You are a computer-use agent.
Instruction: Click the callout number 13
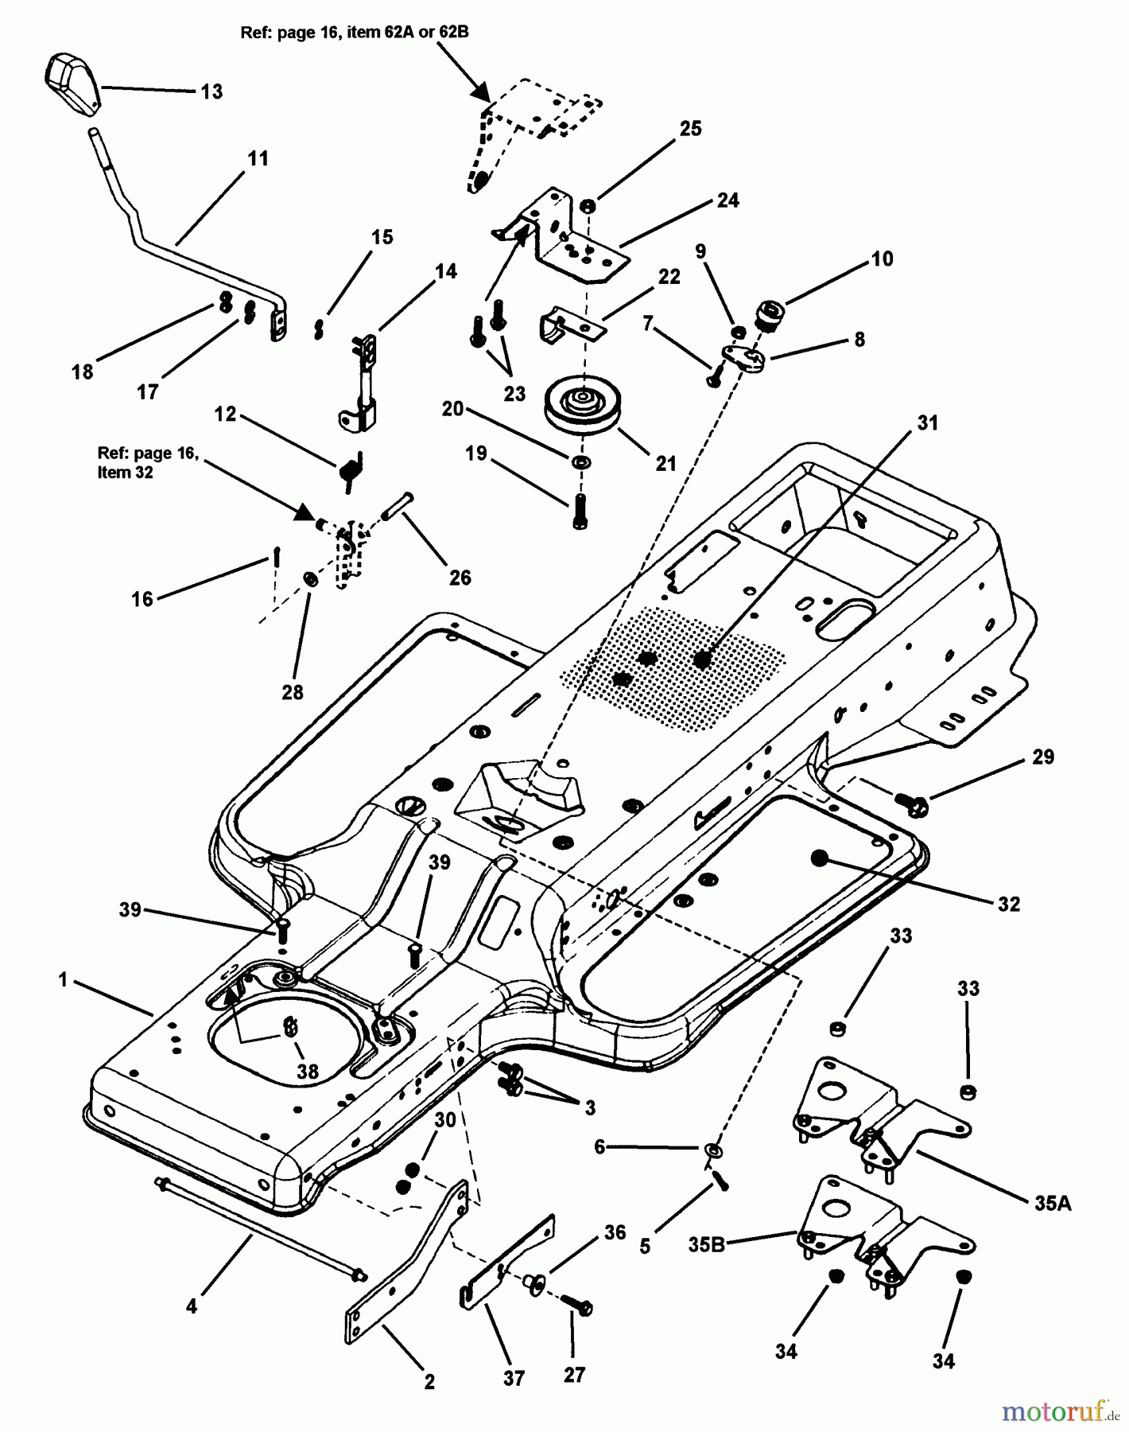(x=211, y=91)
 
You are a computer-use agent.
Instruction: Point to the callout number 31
(x=928, y=423)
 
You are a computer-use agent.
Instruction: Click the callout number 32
(x=1009, y=904)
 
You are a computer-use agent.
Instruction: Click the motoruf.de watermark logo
(x=1057, y=1411)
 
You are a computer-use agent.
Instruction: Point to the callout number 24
(x=727, y=200)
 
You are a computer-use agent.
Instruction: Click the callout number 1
(x=64, y=980)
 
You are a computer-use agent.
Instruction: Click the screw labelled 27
(x=579, y=1303)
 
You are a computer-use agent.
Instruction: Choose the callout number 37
(x=514, y=1378)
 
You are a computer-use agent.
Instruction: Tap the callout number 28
(x=293, y=692)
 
